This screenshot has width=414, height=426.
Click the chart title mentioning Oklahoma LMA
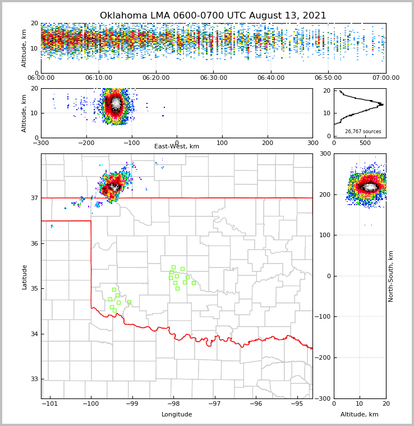pos(213,16)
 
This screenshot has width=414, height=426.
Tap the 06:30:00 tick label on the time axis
pos(213,78)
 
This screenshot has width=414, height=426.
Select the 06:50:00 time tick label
pos(328,78)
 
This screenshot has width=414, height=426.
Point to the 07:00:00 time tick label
pos(385,78)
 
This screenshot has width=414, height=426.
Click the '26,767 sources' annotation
pos(363,132)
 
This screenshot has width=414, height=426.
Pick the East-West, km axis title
pos(177,147)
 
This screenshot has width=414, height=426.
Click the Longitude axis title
pos(177,415)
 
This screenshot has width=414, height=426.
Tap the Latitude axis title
pos(25,277)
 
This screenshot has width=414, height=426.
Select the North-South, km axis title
pos(391,276)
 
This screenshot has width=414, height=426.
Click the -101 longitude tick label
pos(50,404)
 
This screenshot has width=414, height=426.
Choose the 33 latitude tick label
pos(33,379)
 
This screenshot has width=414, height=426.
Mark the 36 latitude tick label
pos(33,243)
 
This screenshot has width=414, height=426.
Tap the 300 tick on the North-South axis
pos(341,153)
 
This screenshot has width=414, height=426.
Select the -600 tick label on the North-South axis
pos(341,398)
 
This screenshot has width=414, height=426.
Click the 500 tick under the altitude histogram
pos(365,143)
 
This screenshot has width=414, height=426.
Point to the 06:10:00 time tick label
pos(98,78)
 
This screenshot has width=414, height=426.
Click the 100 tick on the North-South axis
pos(341,235)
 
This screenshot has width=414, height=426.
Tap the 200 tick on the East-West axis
pos(268,143)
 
